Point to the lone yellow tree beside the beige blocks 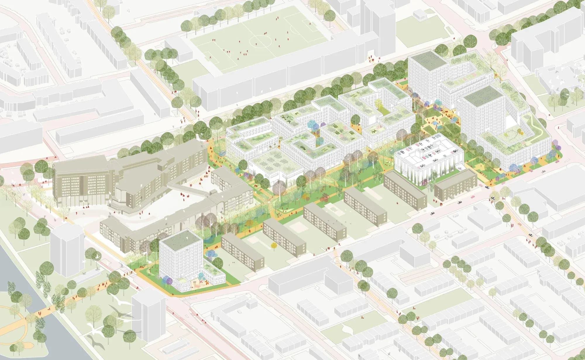point(274,245)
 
